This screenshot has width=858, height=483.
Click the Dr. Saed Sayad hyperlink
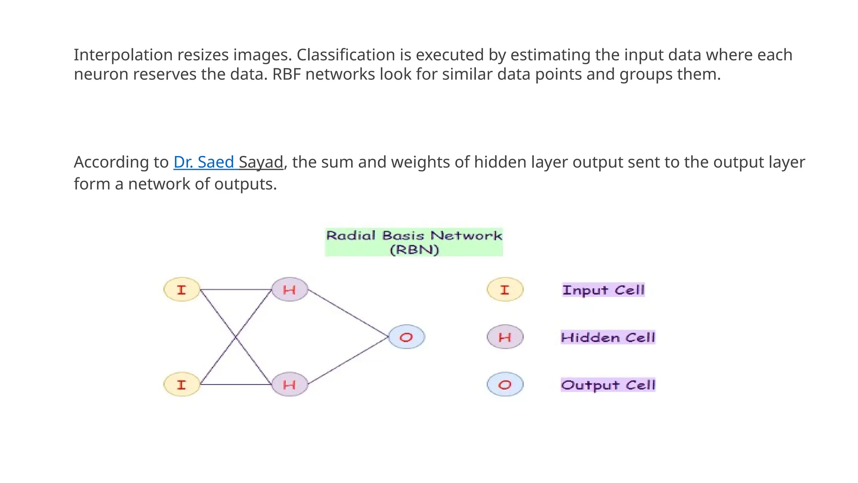tap(228, 162)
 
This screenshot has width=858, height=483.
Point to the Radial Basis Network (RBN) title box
tap(414, 242)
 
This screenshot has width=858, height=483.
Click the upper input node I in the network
tap(181, 290)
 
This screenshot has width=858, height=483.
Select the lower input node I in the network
tap(181, 384)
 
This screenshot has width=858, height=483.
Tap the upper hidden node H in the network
tap(289, 289)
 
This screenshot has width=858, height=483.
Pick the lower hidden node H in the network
tap(289, 384)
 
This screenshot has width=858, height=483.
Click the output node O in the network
tap(406, 337)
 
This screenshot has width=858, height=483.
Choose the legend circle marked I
tap(505, 290)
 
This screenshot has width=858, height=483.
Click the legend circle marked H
tap(505, 337)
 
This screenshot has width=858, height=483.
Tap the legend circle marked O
tap(505, 384)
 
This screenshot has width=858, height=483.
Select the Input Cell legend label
tap(603, 290)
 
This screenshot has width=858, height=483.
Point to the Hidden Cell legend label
tap(608, 337)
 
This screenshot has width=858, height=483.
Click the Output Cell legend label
tap(608, 384)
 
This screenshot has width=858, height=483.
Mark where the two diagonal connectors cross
tap(236, 337)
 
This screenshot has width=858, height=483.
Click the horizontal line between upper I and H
tap(236, 289)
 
